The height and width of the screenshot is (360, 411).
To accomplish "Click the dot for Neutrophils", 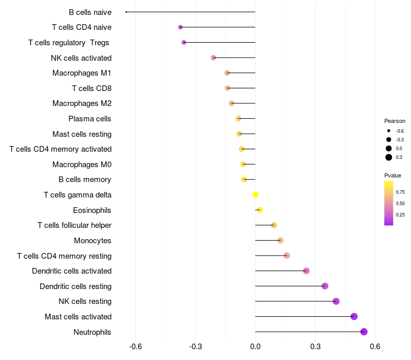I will (x=364, y=332).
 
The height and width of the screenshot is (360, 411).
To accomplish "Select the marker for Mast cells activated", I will (x=354, y=316).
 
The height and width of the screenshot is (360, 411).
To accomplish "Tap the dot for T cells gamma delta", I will (x=255, y=194).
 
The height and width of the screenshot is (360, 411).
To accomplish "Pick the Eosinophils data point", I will (x=260, y=210).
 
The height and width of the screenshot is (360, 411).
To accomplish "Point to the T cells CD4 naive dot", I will (x=180, y=27).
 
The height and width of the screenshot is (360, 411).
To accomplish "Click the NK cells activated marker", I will (x=214, y=58).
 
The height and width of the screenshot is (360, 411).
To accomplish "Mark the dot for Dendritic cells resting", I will (x=325, y=286).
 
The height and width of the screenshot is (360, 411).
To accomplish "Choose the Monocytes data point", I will (x=280, y=240).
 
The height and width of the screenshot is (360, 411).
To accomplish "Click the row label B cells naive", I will (x=90, y=12).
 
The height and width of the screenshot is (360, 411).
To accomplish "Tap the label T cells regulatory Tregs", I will (x=69, y=42).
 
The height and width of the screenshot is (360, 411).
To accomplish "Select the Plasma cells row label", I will (x=90, y=119).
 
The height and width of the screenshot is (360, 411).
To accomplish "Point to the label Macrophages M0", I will (x=82, y=165).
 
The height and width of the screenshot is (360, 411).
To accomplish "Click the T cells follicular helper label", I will (x=74, y=225).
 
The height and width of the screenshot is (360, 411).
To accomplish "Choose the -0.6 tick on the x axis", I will (x=135, y=346).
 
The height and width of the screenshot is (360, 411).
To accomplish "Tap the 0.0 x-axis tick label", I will (x=255, y=346).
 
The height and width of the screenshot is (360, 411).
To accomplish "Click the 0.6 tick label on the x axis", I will (x=375, y=346).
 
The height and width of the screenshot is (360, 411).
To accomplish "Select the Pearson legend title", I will (x=395, y=121).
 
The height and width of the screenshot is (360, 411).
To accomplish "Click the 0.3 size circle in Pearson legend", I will (x=389, y=157).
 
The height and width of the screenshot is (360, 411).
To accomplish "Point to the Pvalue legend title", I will (x=393, y=175).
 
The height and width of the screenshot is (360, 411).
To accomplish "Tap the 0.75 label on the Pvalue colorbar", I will (x=400, y=192).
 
